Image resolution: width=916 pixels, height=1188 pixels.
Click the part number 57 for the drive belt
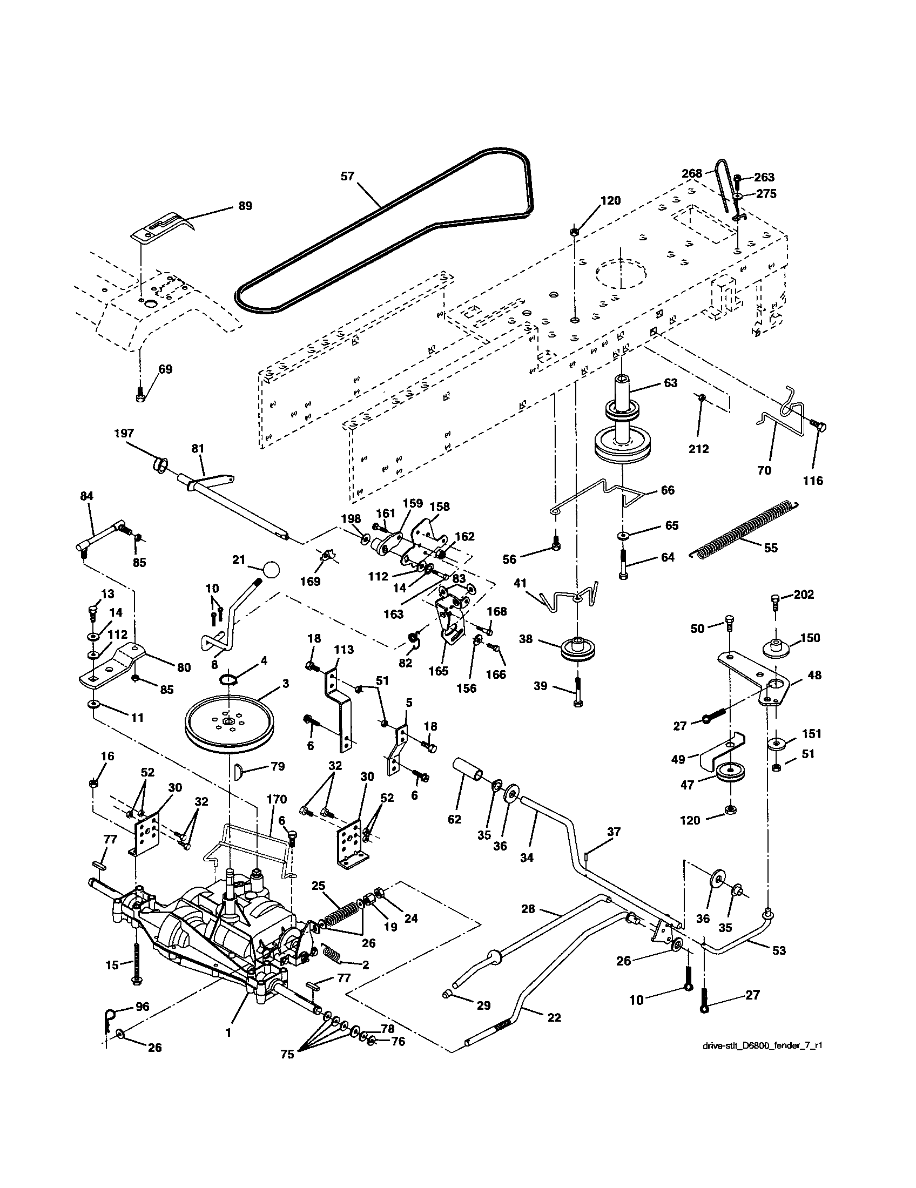click(347, 176)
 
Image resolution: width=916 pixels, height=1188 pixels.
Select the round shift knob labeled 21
click(271, 571)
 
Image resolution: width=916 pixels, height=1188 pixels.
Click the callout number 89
click(245, 206)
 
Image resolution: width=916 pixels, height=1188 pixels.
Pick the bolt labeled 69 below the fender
click(139, 395)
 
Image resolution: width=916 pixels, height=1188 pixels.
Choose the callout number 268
click(692, 173)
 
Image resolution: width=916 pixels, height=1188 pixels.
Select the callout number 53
click(779, 950)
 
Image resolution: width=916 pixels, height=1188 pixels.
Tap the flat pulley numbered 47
click(731, 773)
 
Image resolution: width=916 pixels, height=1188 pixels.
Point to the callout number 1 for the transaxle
click(228, 1032)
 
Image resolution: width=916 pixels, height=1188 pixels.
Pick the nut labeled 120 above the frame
click(574, 232)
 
